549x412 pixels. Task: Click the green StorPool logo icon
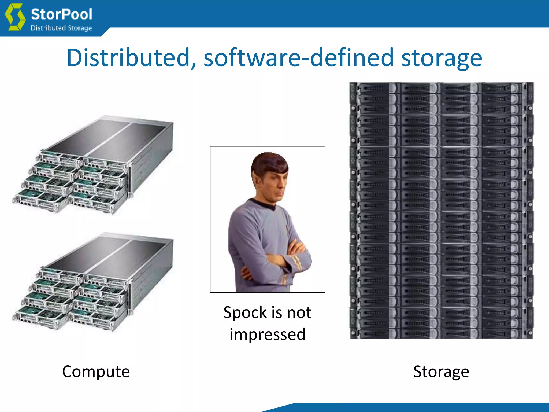(15, 17)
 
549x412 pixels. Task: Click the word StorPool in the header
(61, 14)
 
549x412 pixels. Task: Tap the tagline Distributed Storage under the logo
(61, 28)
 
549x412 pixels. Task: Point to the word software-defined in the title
(298, 58)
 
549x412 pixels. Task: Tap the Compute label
(96, 371)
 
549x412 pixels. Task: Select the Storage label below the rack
(441, 372)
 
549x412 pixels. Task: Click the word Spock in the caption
(245, 313)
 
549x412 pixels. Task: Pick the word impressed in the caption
(268, 334)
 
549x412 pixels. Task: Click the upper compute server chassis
(94, 164)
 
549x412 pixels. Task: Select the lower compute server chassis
(94, 282)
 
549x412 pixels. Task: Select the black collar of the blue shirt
(264, 204)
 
